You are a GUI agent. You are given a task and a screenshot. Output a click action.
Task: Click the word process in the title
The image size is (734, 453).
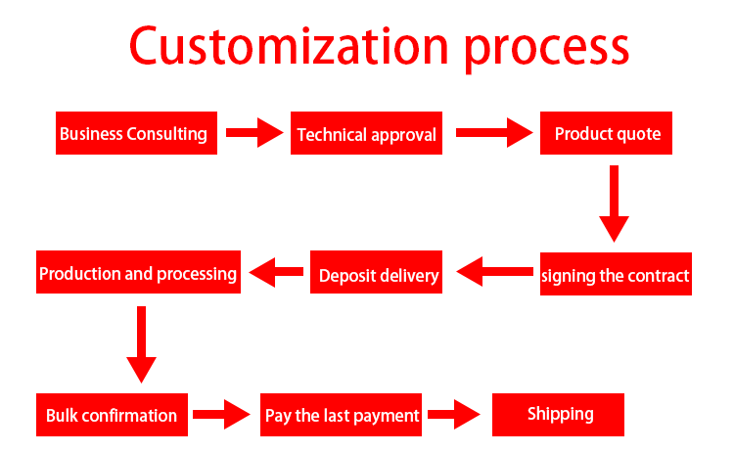tap(546, 50)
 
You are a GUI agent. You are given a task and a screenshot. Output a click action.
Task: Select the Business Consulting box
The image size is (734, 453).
tap(136, 133)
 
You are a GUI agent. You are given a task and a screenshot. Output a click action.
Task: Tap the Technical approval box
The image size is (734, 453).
tap(366, 133)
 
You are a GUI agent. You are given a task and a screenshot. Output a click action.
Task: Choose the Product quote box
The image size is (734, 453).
tap(606, 133)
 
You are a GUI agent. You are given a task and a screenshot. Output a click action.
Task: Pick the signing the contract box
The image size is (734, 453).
tap(616, 274)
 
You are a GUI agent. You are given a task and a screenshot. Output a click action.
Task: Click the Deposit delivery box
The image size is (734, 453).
tap(376, 272)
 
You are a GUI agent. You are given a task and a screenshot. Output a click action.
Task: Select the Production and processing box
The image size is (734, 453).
tap(138, 272)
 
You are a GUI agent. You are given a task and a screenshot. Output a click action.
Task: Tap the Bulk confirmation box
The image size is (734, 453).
tap(112, 415)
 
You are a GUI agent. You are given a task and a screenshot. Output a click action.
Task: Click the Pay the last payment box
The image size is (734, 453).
tap(341, 415)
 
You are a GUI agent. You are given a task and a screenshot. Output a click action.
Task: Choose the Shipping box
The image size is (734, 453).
tap(558, 415)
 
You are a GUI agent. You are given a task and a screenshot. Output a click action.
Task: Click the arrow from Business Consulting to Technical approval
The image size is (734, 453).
tap(254, 133)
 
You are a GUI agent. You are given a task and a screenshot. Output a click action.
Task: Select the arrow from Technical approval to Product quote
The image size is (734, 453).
tap(494, 133)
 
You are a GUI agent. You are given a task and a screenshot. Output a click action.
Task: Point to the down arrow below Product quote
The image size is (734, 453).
tap(615, 204)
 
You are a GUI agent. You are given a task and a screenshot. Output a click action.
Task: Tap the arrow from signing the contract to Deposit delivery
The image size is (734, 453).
tap(494, 271)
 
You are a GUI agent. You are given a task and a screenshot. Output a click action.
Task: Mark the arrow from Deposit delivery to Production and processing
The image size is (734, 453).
tap(276, 272)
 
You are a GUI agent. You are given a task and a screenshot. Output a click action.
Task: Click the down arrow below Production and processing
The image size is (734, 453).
tap(141, 344)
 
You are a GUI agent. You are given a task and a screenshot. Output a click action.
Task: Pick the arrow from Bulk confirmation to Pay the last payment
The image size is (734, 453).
tap(221, 414)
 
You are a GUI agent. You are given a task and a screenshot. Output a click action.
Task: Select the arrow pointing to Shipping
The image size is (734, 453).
tap(454, 414)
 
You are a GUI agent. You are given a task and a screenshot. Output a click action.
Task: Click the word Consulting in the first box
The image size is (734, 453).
tap(166, 134)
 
